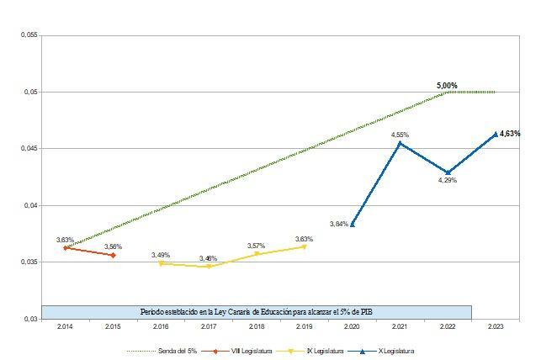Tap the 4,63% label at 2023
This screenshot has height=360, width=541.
[510, 134]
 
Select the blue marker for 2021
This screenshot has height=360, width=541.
[400, 143]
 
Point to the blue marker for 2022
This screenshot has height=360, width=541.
[448, 172]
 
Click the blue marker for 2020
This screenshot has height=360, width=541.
[353, 225]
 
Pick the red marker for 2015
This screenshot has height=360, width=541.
[113, 255]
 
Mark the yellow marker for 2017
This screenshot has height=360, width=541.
[209, 267]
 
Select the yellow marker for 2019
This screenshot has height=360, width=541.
[305, 246]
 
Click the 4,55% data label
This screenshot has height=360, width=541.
[400, 135]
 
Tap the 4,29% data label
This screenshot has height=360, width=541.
[448, 181]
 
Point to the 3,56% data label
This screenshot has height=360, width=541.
[113, 246]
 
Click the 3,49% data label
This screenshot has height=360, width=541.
[161, 255]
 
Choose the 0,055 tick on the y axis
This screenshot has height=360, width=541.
[29, 35]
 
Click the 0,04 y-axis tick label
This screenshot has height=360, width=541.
[30, 205]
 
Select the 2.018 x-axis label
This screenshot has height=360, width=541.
[257, 328]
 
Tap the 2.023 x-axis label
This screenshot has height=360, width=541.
[496, 328]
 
